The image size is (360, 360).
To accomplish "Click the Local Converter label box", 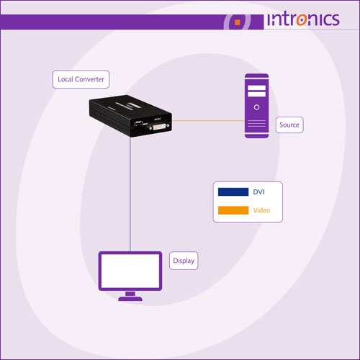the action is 81,79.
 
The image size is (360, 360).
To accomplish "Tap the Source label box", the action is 289,125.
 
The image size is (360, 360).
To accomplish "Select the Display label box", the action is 184,261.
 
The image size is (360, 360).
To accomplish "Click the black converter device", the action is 130,116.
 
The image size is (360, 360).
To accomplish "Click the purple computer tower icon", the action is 256,106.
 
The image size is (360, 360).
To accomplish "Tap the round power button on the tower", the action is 256,107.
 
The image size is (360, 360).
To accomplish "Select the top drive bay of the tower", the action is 256,88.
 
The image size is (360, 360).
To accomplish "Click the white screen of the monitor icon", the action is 130,271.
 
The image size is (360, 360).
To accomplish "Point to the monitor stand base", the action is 130,299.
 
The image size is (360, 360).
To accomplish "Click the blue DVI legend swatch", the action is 233,192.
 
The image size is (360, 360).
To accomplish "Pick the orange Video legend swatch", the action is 233,210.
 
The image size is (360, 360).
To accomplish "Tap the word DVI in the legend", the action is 258,192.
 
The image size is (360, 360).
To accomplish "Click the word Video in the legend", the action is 261,210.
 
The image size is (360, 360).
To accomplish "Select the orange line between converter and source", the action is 208,120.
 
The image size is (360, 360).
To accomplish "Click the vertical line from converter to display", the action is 130,194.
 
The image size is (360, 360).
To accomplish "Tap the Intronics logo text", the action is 303,19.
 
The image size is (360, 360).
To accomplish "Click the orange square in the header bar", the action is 238,22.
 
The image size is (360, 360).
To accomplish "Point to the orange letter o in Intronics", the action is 302,20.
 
